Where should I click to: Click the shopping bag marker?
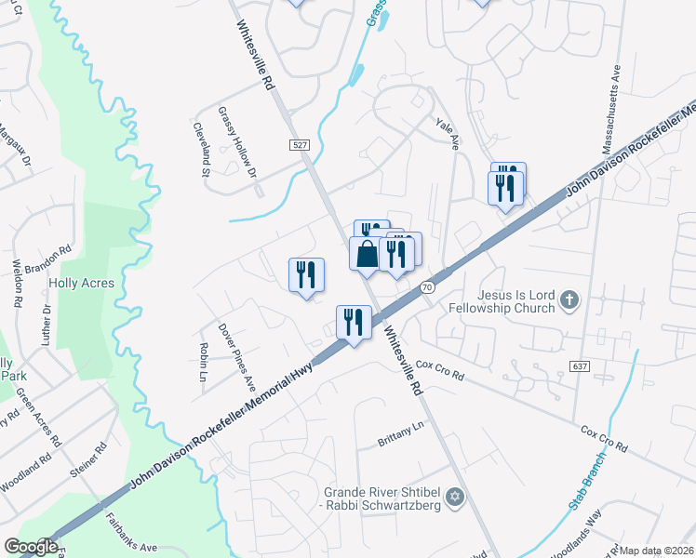pos(367,253)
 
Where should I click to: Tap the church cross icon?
pos(570,299)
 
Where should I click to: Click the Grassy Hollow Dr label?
pos(237,141)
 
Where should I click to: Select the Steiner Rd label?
pos(88,459)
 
